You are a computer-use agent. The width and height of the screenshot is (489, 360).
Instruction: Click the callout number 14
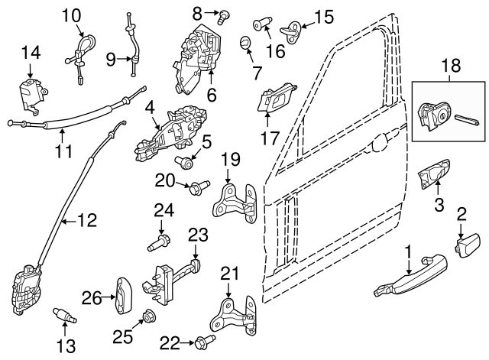pyautogui.click(x=30, y=53)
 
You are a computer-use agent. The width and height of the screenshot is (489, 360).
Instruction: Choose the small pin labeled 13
pyautogui.click(x=64, y=313)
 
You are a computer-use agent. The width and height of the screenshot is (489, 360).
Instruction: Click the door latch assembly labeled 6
pyautogui.click(x=199, y=54)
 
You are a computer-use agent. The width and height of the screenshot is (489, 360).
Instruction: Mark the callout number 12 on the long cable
pyautogui.click(x=88, y=221)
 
